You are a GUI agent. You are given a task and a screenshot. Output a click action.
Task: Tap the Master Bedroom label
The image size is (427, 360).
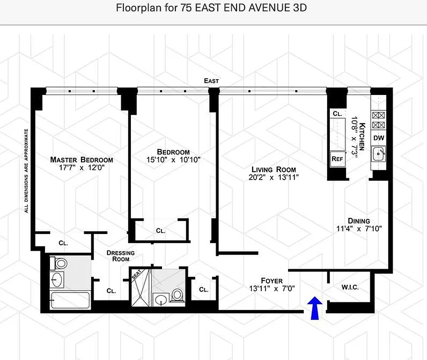[x=81, y=160]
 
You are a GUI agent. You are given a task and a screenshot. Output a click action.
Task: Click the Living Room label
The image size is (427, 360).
[x=274, y=170]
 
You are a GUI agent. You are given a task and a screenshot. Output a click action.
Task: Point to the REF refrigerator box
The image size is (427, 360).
[x=337, y=158]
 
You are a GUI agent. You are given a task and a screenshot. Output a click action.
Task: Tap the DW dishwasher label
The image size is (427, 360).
[x=378, y=138]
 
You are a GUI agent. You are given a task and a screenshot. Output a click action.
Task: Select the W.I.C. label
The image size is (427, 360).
[x=350, y=287]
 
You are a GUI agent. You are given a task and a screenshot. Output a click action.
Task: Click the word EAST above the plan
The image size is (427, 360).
[x=211, y=81]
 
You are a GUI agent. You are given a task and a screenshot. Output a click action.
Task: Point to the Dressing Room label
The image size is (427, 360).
[x=121, y=256]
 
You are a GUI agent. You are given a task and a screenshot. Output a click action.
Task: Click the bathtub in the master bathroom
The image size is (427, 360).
[x=70, y=300]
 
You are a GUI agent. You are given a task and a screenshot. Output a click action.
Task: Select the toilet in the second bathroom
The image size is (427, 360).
[x=177, y=295]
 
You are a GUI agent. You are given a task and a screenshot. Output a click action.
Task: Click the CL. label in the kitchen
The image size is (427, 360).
[x=337, y=114]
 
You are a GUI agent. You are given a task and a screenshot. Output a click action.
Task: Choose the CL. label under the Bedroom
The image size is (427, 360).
[x=161, y=230]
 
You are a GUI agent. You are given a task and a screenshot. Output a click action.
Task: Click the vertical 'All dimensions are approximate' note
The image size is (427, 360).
[x=27, y=171]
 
